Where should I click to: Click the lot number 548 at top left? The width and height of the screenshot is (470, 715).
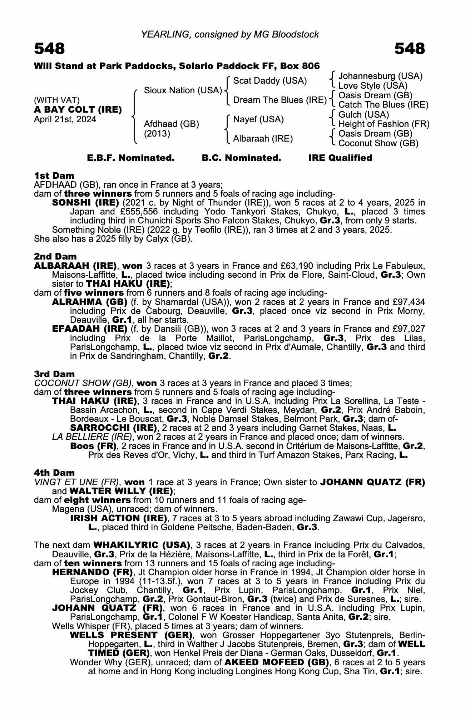click(x=49, y=49)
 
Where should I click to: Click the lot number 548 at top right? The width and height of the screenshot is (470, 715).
click(x=410, y=49)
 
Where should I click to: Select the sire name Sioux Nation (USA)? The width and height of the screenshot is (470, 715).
click(x=183, y=90)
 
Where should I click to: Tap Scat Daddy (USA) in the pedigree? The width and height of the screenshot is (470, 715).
click(x=270, y=81)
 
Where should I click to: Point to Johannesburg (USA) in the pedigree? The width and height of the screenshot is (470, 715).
click(x=380, y=76)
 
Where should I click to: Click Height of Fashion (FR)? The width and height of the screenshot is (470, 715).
click(x=384, y=124)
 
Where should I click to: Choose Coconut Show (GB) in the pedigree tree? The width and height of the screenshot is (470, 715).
click(x=378, y=143)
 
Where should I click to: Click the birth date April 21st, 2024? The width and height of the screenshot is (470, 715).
click(x=65, y=119)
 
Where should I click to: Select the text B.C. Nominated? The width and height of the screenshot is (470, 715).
click(x=241, y=158)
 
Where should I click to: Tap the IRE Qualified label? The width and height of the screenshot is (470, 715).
click(x=340, y=158)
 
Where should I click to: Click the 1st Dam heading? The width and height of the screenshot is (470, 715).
click(x=54, y=176)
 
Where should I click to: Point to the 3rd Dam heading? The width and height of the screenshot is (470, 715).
click(x=54, y=374)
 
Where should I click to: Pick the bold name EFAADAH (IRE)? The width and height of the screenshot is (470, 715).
click(x=90, y=329)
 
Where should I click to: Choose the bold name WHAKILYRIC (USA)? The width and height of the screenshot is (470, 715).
click(x=142, y=545)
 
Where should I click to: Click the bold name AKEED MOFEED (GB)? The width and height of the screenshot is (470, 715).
click(x=276, y=662)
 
